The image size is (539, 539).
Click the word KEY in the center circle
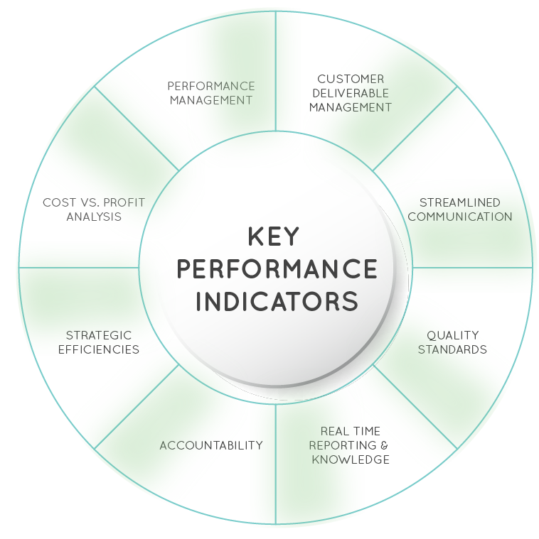pos(276,237)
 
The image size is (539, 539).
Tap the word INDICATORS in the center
pos(277,300)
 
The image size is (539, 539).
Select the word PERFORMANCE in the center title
pos(277,269)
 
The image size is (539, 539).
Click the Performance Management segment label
pos(210,93)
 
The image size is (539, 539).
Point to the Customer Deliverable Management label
pos(350,93)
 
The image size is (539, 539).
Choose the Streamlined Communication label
pos(459,209)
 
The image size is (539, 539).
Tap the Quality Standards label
pos(452,342)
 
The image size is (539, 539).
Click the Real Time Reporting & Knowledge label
pos(350,445)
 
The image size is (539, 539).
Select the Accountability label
pos(211,446)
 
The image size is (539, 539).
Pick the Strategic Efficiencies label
pos(99,342)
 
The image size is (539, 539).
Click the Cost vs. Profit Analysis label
pos(94,209)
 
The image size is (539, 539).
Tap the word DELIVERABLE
pos(350,93)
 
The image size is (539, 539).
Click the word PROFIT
pos(124,203)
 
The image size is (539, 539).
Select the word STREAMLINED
pos(459,203)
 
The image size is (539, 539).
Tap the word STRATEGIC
pos(99,335)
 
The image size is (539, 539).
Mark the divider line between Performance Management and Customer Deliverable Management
pos(276,71)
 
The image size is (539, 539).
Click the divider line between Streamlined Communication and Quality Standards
pos(473,268)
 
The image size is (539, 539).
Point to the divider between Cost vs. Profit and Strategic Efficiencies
pos(78,268)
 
